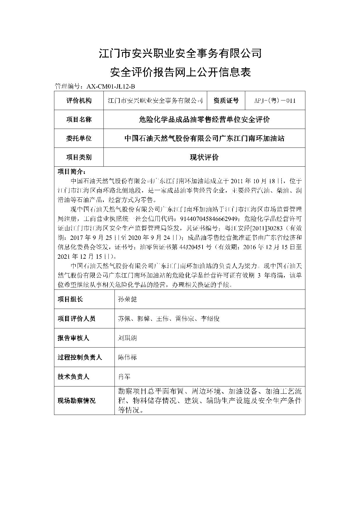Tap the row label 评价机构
tap(79, 101)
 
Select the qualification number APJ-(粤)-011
tap(275, 101)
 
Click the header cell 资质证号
tap(226, 101)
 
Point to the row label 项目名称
tap(79, 120)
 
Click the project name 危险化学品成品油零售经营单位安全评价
tap(204, 120)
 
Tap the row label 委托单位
tap(79, 139)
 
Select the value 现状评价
tap(204, 157)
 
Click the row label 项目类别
tap(79, 157)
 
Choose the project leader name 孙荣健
tap(127, 299)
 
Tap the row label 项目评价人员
tap(76, 319)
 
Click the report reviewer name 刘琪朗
tap(127, 338)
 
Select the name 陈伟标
tap(127, 357)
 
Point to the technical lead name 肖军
tap(124, 377)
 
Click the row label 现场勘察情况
tap(76, 401)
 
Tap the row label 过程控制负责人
tap(80, 357)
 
